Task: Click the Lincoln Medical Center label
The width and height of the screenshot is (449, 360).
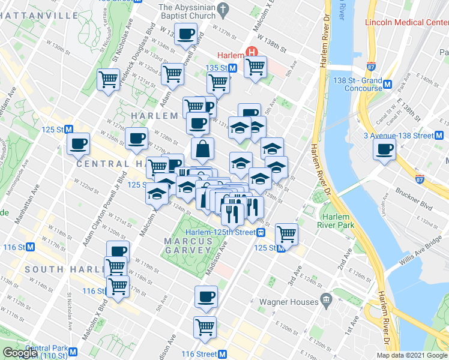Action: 406,23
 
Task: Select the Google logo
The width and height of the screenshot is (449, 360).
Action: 20,353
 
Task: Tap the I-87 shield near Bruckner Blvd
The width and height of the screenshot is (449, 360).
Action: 421,178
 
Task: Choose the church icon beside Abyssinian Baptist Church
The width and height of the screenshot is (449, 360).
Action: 224,10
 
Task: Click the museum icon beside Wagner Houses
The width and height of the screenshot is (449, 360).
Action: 325,299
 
